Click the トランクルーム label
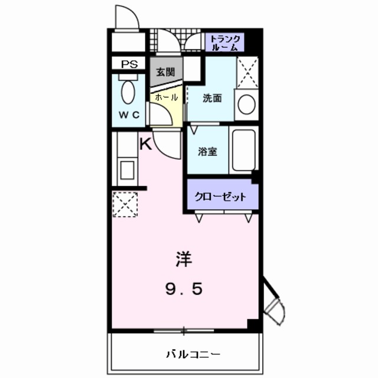[x=225, y=41]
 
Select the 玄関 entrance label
[x=165, y=72]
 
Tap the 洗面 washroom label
[x=212, y=99]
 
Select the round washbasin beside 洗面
[x=246, y=105]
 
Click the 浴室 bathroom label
[x=207, y=151]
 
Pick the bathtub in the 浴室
[x=243, y=150]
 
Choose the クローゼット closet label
[x=220, y=197]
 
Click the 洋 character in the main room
[x=183, y=259]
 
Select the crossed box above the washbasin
[x=247, y=74]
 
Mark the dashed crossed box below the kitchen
[x=125, y=204]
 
